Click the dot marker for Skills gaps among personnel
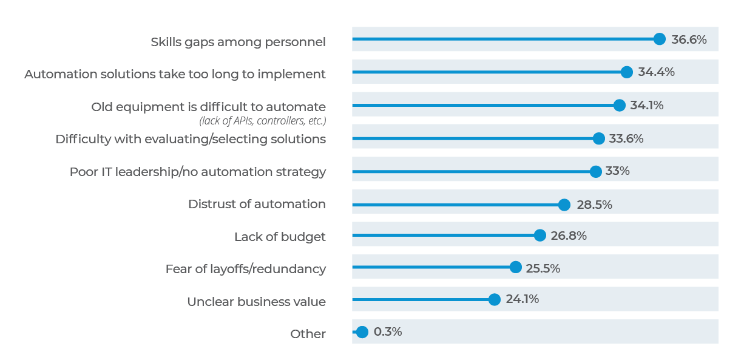coord(660,39)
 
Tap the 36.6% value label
coord(689,39)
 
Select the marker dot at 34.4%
coord(627,72)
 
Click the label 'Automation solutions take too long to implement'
coord(175,74)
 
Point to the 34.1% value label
coord(646,105)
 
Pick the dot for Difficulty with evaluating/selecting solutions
coord(598,138)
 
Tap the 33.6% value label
coord(626,138)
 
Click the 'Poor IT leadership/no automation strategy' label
coord(197,172)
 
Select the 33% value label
coord(617,171)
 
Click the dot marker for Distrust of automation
coord(564,205)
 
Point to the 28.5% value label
coord(594,205)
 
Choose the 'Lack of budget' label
coord(280,237)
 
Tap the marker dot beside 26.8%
coord(540,236)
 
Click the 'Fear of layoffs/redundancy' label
coord(245,269)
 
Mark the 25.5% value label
coord(543,268)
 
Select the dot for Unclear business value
coord(495,299)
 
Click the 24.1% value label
coord(522,299)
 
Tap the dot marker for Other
coord(362,332)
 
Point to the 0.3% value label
coord(388,332)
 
